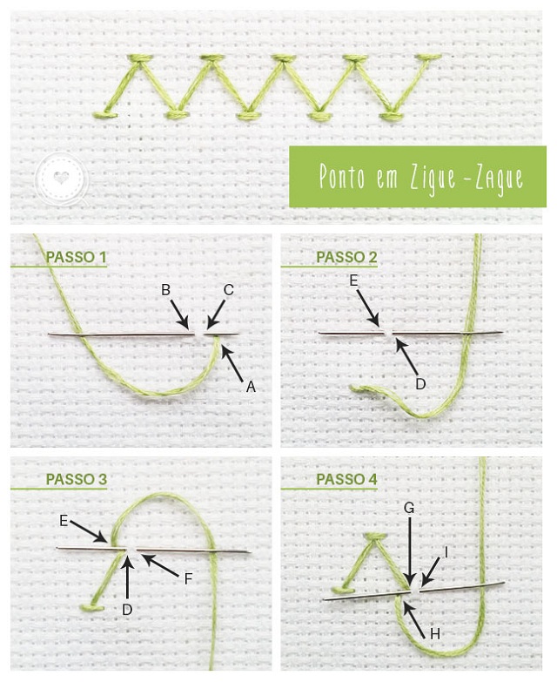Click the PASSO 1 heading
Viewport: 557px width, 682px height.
pyautogui.click(x=76, y=257)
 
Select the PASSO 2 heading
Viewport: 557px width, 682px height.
pyautogui.click(x=346, y=257)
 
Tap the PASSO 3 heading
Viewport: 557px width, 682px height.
pyautogui.click(x=76, y=479)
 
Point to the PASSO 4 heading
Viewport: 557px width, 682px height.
pyautogui.click(x=346, y=479)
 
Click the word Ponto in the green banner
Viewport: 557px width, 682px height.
pyautogui.click(x=342, y=176)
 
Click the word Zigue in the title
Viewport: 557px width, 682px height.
pyautogui.click(x=433, y=178)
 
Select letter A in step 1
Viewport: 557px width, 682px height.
pyautogui.click(x=251, y=386)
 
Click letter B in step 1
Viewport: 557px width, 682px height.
pyautogui.click(x=165, y=290)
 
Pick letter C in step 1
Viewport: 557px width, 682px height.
pyautogui.click(x=229, y=290)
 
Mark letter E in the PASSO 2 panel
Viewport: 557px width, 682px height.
pyautogui.click(x=353, y=281)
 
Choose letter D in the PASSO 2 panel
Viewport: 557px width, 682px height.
pyautogui.click(x=420, y=383)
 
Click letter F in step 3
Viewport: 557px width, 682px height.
pyautogui.click(x=188, y=578)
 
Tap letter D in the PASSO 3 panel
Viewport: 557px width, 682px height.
pyautogui.click(x=127, y=610)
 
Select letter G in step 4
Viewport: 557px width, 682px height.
pyautogui.click(x=409, y=508)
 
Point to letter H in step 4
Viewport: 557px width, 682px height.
pyautogui.click(x=435, y=634)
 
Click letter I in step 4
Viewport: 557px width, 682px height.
pyautogui.click(x=446, y=552)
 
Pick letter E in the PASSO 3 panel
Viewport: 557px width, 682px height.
pyautogui.click(x=64, y=521)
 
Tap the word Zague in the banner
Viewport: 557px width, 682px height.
pyautogui.click(x=499, y=178)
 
